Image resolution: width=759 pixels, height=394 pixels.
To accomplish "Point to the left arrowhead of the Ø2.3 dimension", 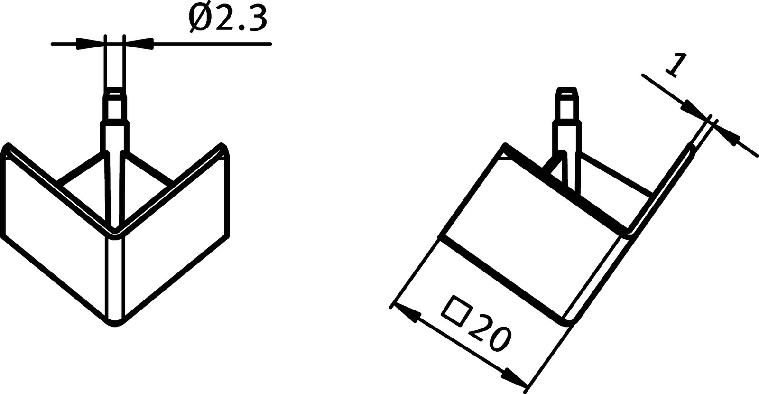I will (90, 44).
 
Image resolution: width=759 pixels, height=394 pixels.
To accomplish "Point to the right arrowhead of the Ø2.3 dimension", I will (139, 44).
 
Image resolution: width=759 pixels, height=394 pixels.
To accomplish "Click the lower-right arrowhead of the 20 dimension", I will (515, 378).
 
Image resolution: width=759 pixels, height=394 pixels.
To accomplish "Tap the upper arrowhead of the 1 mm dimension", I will (694, 108).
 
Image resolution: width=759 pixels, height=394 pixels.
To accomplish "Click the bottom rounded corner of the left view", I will (114, 323).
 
